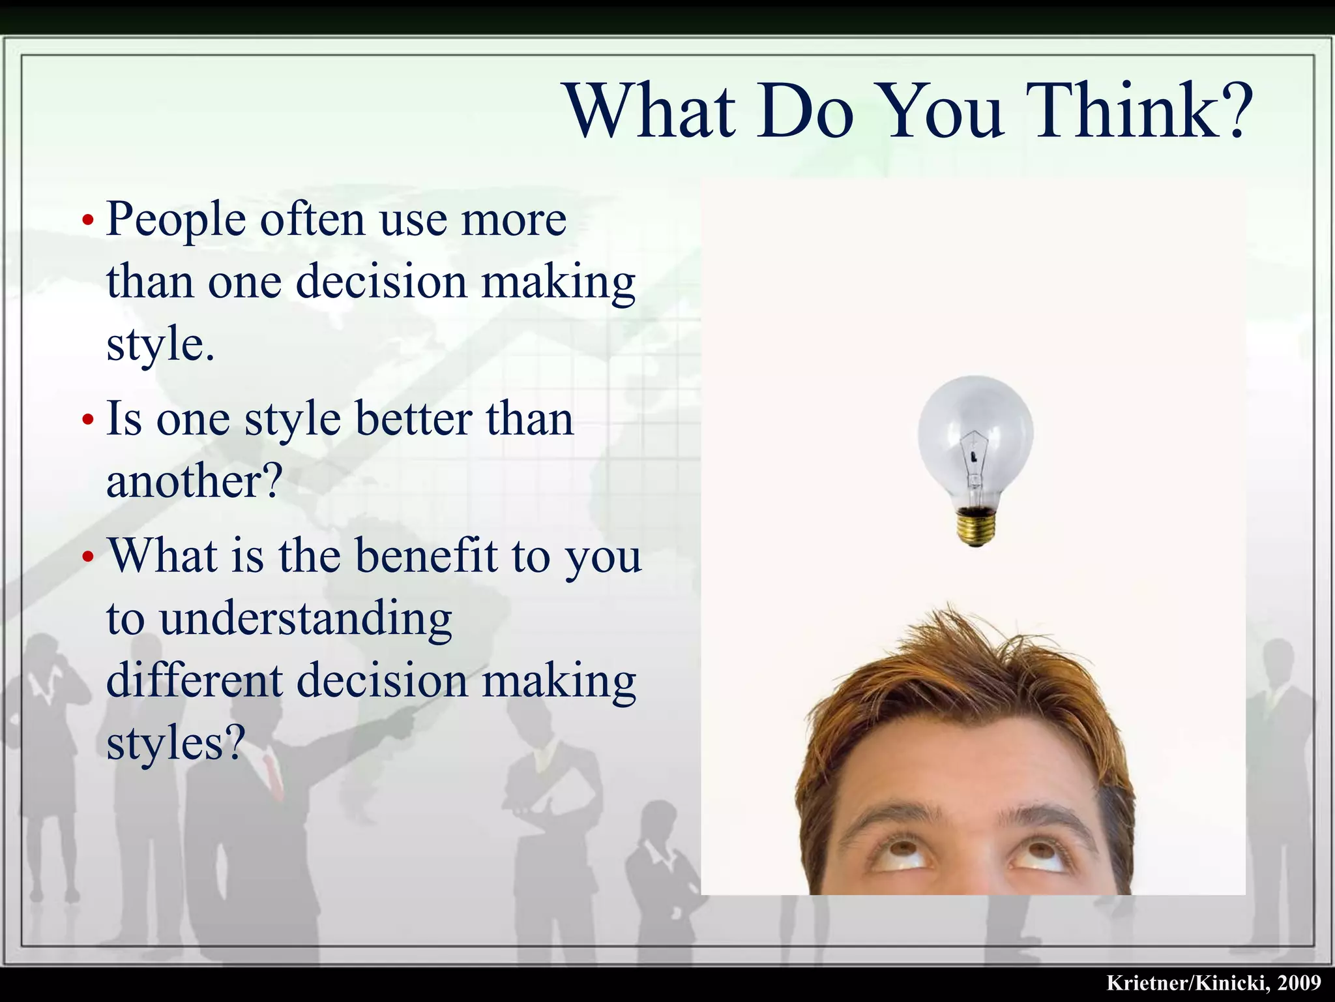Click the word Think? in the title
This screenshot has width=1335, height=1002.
(x=1141, y=111)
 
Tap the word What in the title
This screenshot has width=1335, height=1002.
(x=652, y=111)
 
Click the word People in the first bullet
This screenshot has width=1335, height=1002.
(x=176, y=220)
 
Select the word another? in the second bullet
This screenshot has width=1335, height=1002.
(x=194, y=481)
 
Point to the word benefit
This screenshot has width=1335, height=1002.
(x=427, y=556)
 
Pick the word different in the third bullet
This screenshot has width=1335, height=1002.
(x=194, y=680)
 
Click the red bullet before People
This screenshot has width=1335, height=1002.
(x=88, y=220)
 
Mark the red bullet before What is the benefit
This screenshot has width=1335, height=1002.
(x=88, y=558)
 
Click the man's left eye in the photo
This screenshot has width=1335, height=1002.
(x=1041, y=851)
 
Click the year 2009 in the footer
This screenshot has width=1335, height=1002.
(x=1299, y=983)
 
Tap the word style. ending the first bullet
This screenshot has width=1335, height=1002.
(x=160, y=346)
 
